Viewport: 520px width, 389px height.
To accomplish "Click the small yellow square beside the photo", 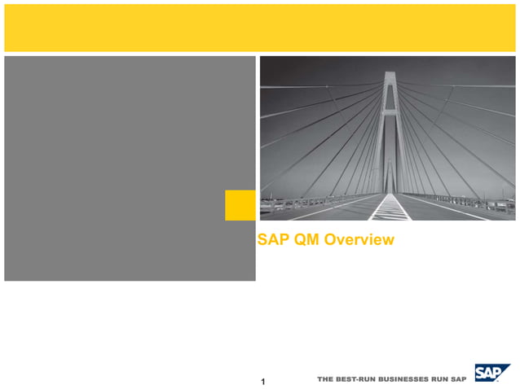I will click(x=240, y=205).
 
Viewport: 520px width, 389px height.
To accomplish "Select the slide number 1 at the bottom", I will click(x=262, y=381).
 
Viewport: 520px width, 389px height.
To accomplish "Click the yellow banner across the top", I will click(x=259, y=28).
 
